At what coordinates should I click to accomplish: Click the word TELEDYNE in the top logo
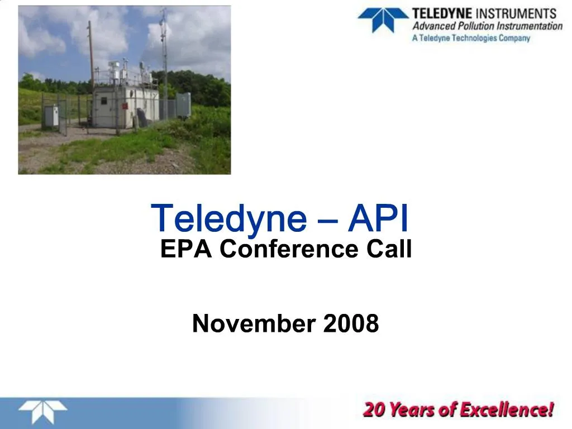click(442, 13)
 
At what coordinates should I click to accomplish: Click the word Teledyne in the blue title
click(228, 219)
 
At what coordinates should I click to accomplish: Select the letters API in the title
click(378, 219)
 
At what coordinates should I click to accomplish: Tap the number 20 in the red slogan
click(374, 410)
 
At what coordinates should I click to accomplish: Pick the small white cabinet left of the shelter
click(51, 116)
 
